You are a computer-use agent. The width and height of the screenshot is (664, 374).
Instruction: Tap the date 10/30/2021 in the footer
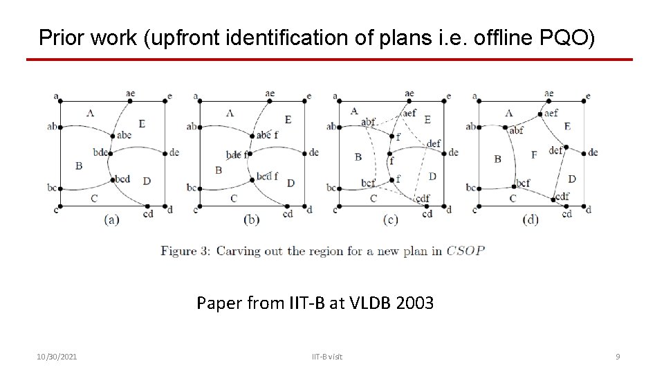pyautogui.click(x=57, y=357)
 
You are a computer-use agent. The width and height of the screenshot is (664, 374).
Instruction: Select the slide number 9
pyautogui.click(x=618, y=357)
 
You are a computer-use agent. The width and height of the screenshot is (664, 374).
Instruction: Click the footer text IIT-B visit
pyautogui.click(x=326, y=357)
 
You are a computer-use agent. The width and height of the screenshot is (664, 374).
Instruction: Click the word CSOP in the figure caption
pyautogui.click(x=465, y=251)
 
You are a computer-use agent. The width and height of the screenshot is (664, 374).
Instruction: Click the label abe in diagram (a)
pyautogui.click(x=125, y=136)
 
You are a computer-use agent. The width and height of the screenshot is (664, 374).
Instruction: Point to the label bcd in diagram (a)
pyautogui.click(x=123, y=179)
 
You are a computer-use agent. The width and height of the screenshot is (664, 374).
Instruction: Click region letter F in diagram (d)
pyautogui.click(x=533, y=154)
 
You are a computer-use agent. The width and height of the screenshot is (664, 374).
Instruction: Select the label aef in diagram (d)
pyautogui.click(x=551, y=112)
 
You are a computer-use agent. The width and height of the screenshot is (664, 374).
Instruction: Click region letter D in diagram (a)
pyautogui.click(x=147, y=181)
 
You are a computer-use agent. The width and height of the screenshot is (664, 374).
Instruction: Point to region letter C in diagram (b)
pyautogui.click(x=233, y=198)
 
